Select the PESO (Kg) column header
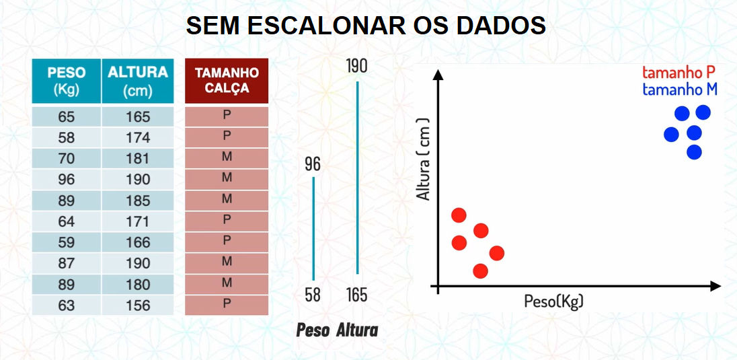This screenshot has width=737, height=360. pos(67,81)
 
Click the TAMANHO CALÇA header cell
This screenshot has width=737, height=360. pos(227,81)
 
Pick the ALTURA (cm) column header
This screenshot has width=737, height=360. pos(138,81)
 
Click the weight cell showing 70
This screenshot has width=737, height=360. pos(67,159)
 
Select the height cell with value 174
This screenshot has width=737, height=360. pos(138,138)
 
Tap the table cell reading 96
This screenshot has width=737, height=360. pos(67,180)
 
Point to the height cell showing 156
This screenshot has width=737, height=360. pos(138,306)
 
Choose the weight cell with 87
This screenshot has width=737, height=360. pos(67,264)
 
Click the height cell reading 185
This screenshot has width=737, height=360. pos(138,201)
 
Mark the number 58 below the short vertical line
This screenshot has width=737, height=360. pos(313,295)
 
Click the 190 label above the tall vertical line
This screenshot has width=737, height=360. pos(357,67)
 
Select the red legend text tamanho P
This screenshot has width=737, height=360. pos(678,73)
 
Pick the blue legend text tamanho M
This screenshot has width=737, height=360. pos(680,89)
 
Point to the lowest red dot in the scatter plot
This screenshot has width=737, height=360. pos(480,271)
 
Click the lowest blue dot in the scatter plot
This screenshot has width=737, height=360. pos(694,152)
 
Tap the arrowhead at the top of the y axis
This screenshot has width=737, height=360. pos(438,75)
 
